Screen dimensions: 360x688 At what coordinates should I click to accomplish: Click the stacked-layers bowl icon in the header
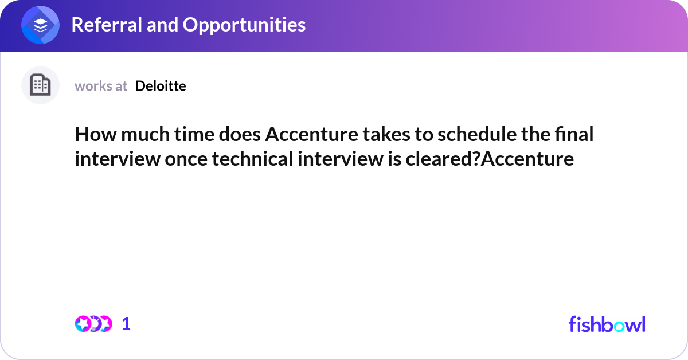tap(41, 25)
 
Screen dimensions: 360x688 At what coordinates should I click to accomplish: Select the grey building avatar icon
tap(40, 85)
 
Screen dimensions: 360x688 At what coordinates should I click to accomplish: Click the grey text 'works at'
tap(101, 86)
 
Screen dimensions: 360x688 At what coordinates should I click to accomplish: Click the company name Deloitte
tap(161, 86)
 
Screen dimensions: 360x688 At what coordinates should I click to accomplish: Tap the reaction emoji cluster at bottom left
tap(93, 324)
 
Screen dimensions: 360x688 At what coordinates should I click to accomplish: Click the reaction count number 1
tap(126, 324)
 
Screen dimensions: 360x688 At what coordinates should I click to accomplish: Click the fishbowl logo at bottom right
tap(607, 324)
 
